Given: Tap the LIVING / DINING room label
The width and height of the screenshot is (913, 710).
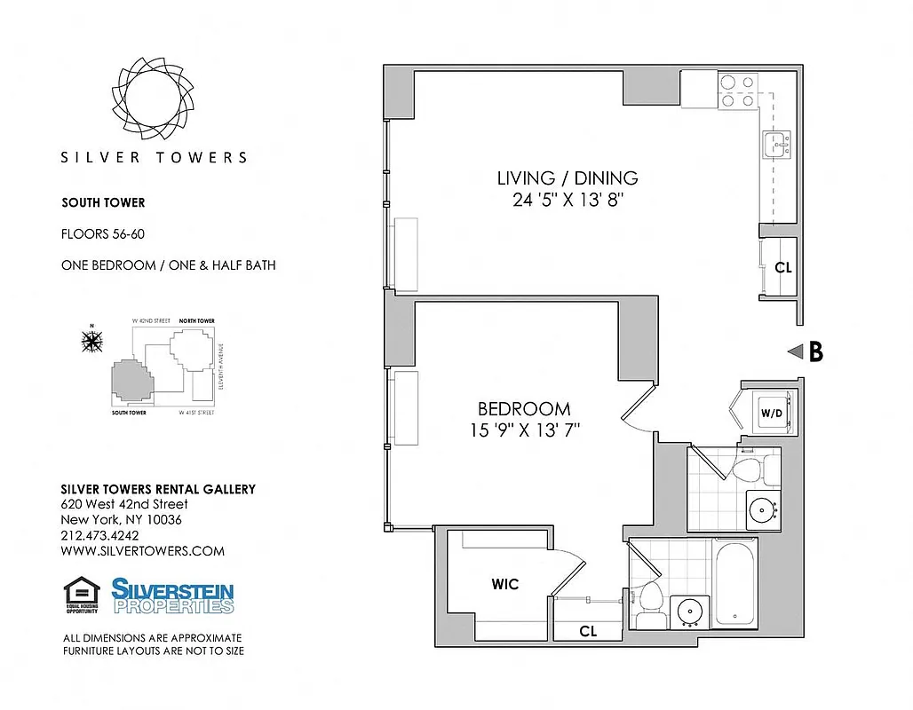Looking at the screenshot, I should pyautogui.click(x=567, y=177).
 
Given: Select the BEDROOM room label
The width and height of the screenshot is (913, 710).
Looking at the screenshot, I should pyautogui.click(x=524, y=409).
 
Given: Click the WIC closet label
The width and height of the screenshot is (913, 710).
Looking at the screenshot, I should pyautogui.click(x=505, y=585).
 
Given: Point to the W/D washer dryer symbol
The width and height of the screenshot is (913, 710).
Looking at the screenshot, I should pyautogui.click(x=769, y=414).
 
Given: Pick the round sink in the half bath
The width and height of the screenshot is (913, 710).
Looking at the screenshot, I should pyautogui.click(x=761, y=509).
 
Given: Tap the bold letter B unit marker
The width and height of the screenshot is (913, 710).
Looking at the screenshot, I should pyautogui.click(x=814, y=352).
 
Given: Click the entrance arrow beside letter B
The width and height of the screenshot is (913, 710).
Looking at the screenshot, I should pyautogui.click(x=795, y=352).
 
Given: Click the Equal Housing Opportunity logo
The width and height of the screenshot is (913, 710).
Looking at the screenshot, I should pyautogui.click(x=82, y=596).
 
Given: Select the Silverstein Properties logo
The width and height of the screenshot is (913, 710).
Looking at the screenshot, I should pyautogui.click(x=172, y=596).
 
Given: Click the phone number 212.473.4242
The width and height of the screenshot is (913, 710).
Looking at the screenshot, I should pyautogui.click(x=99, y=535).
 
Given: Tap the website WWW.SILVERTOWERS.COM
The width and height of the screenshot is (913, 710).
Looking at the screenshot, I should pyautogui.click(x=142, y=551).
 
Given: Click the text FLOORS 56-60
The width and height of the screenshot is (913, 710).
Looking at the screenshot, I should pyautogui.click(x=102, y=234).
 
